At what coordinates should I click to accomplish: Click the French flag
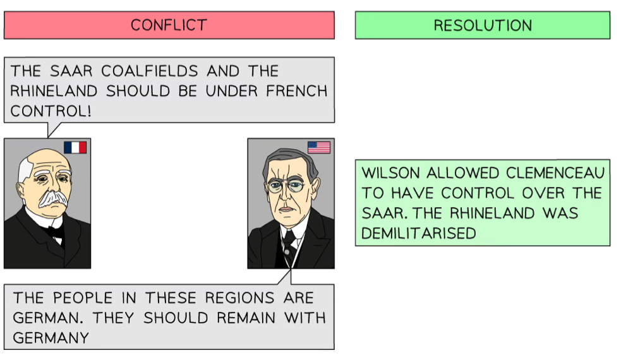pyautogui.click(x=75, y=147)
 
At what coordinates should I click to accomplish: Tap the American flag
pyautogui.click(x=319, y=147)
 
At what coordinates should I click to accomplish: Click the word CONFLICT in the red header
pyautogui.click(x=169, y=25)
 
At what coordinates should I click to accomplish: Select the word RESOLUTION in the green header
pyautogui.click(x=483, y=25)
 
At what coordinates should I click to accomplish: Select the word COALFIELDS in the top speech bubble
pyautogui.click(x=149, y=71)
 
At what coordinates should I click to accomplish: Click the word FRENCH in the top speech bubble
pyautogui.click(x=297, y=91)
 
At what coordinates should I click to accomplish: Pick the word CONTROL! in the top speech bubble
pyautogui.click(x=51, y=111)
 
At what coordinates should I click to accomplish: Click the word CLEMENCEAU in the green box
pyautogui.click(x=555, y=173)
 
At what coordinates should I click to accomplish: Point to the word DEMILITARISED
pyautogui.click(x=419, y=233)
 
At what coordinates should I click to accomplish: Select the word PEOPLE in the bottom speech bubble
pyautogui.click(x=83, y=298)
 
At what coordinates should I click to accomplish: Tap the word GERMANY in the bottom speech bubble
pyautogui.click(x=51, y=338)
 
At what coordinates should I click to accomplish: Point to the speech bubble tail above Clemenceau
pyautogui.click(x=53, y=129)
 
